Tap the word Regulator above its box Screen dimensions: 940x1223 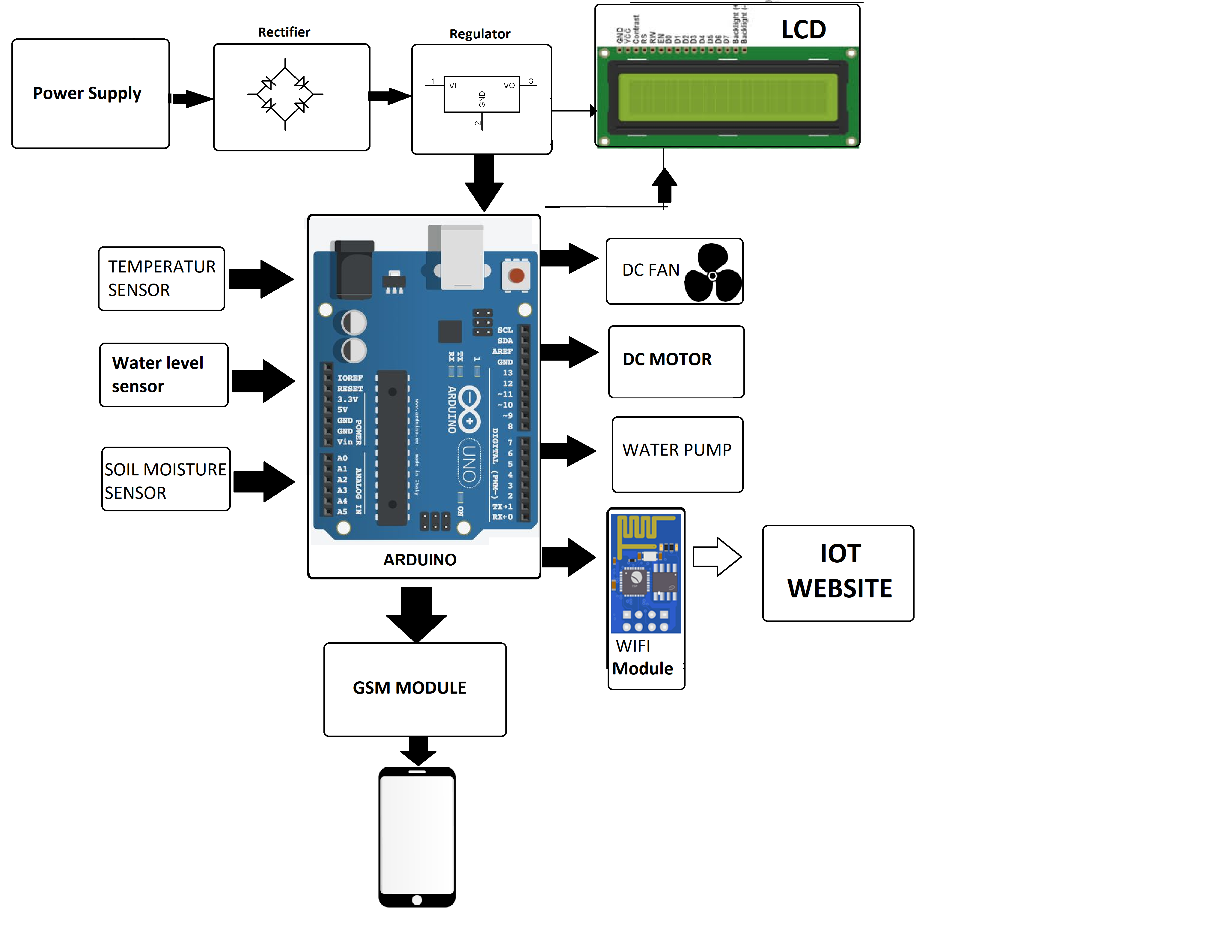coord(480,34)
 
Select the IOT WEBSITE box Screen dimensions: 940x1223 coord(838,573)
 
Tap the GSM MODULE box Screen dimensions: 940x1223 coord(415,689)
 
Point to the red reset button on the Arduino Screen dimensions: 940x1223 coord(516,275)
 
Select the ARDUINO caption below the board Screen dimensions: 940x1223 coord(420,560)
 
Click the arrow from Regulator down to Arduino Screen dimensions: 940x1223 coord(484,182)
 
